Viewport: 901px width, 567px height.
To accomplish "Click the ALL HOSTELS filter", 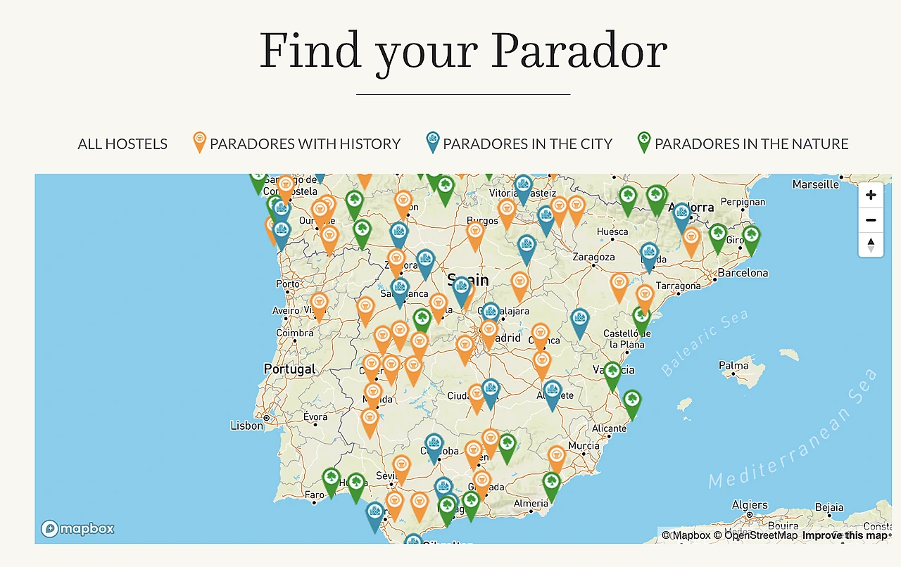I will point(122,144).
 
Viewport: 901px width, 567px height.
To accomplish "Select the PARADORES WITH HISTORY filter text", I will point(305,144).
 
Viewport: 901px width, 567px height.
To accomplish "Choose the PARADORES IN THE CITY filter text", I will point(527,144).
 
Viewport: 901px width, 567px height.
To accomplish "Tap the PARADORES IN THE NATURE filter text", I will point(751,144).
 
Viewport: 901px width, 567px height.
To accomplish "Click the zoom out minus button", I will point(871,220).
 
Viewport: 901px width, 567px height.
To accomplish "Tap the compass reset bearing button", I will point(871,245).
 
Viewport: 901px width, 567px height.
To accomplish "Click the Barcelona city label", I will point(743,273).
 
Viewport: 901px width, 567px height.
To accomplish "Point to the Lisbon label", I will point(246,426).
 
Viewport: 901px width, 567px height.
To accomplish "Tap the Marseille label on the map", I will point(815,184).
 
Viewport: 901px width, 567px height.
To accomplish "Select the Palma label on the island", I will point(733,365).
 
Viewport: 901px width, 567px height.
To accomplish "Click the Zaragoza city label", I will point(593,257).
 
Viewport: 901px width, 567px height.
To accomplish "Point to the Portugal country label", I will point(289,369).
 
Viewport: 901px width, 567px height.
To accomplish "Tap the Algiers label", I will point(750,504).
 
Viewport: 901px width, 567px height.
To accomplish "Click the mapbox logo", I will point(77,529).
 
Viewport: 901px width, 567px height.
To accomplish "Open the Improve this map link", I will point(845,535).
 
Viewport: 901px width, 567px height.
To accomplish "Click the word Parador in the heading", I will point(579,51).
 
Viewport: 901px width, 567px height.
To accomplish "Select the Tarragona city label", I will point(678,286).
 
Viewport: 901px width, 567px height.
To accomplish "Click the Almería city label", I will point(531,503).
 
